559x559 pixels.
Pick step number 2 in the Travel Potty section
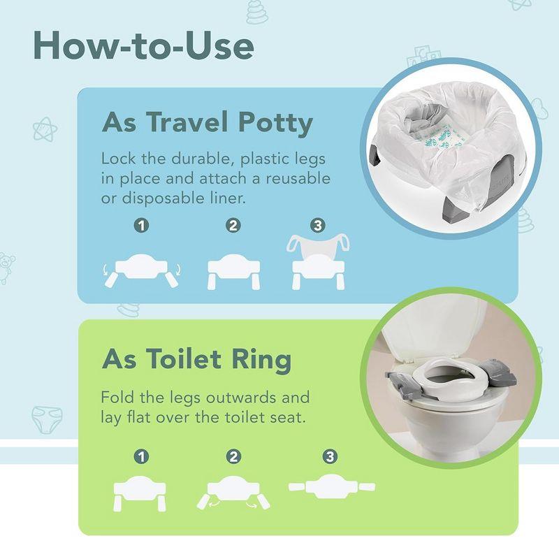[233, 226]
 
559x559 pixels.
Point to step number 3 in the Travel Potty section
[318, 226]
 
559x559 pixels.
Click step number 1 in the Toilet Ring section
[142, 457]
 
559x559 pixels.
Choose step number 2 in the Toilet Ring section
[233, 457]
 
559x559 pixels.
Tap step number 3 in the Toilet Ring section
[328, 457]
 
